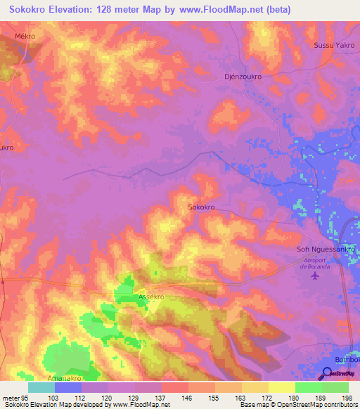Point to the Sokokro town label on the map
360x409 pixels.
201,207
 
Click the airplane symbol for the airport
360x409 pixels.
314,275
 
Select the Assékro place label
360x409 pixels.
151,297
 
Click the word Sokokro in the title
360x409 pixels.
27,9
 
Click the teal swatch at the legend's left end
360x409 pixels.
41,387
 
